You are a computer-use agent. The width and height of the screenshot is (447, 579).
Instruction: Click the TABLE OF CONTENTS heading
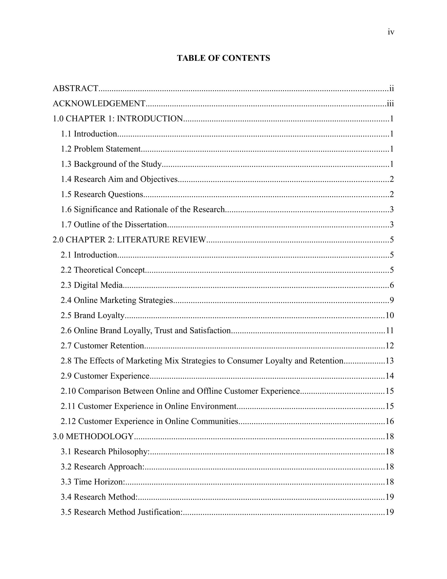[223, 58]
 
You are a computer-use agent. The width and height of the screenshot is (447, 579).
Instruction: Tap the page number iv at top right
[391, 32]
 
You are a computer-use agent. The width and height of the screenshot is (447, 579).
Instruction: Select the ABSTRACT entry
[75, 88]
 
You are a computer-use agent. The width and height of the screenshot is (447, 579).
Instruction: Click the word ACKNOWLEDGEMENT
[99, 103]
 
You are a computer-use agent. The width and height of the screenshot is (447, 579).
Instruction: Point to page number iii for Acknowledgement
[390, 103]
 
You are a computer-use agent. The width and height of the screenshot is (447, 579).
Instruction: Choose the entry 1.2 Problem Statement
[101, 149]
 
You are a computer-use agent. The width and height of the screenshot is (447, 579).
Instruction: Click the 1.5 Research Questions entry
[102, 194]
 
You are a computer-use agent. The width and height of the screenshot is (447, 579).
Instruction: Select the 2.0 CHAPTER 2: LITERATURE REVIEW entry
[129, 240]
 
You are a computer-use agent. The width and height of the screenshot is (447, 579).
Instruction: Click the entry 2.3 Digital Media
[92, 285]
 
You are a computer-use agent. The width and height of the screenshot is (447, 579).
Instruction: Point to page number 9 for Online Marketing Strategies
[392, 300]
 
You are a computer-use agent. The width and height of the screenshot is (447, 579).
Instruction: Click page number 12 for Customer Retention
[390, 346]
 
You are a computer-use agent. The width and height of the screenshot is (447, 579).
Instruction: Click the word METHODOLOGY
[100, 436]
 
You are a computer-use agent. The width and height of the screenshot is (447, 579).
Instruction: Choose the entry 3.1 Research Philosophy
[105, 451]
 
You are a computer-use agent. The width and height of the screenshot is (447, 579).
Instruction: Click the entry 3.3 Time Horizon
[93, 482]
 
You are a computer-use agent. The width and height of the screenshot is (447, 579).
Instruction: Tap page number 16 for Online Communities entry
[390, 421]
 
